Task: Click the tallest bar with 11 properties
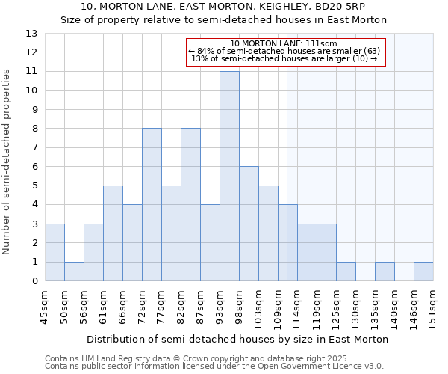pyautogui.click(x=229, y=176)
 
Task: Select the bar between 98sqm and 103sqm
pyautogui.click(x=249, y=224)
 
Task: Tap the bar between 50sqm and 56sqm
pyautogui.click(x=74, y=271)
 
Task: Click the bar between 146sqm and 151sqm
pyautogui.click(x=423, y=272)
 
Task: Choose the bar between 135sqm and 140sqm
pyautogui.click(x=385, y=272)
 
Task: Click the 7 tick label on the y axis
pyautogui.click(x=34, y=147)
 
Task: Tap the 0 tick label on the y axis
pyautogui.click(x=34, y=281)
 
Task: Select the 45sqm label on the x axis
pyautogui.click(x=45, y=304)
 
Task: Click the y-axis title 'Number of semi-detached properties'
pyautogui.click(x=8, y=162)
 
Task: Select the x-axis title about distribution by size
pyautogui.click(x=237, y=339)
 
